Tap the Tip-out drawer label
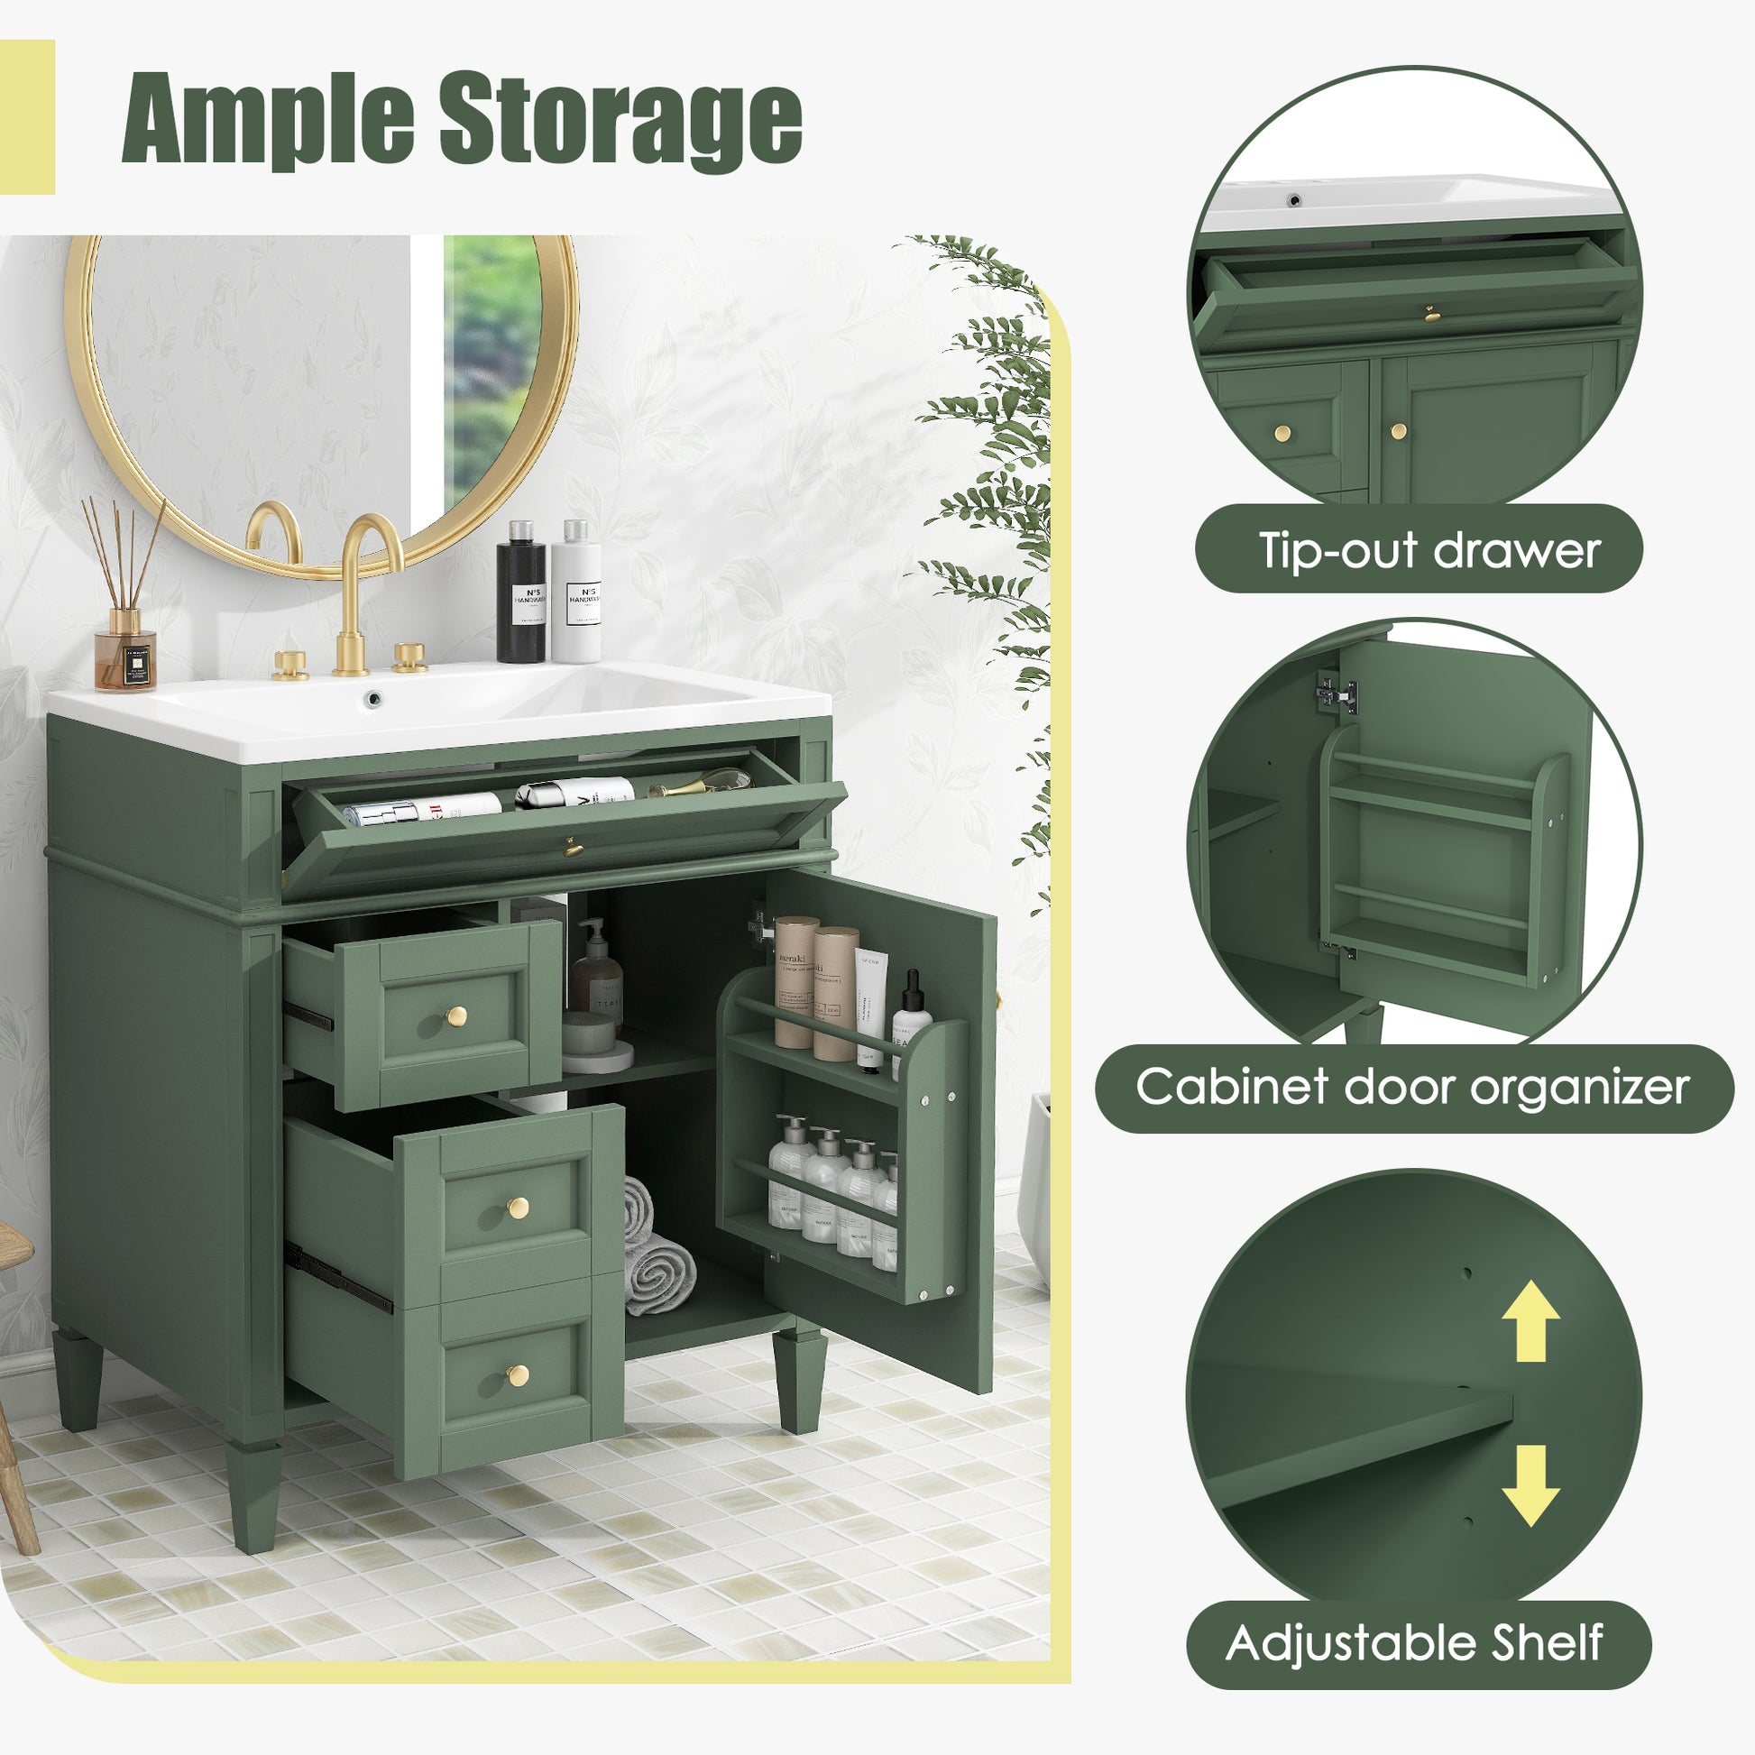1428,549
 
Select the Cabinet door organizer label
1412,1087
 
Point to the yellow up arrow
1530,1319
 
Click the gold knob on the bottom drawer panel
518,1375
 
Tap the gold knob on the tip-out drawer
574,848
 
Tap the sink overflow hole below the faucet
372,698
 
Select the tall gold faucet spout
363,582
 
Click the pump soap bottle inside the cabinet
597,972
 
